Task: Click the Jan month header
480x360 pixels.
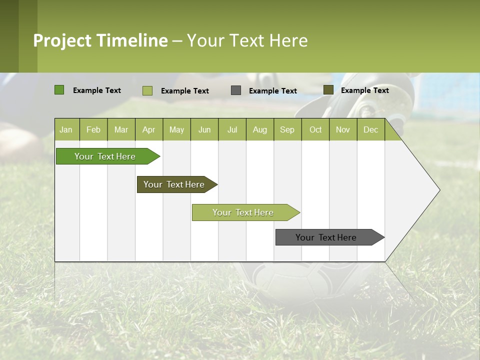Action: [66, 129]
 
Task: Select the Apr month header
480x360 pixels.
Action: [148, 129]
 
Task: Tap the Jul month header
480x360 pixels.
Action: [232, 129]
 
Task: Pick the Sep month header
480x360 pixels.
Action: [287, 129]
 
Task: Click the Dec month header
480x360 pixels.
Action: [370, 129]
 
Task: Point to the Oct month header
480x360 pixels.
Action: [315, 129]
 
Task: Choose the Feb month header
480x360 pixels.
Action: [93, 129]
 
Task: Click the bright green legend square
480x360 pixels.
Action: [59, 90]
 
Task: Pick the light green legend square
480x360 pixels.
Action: [147, 90]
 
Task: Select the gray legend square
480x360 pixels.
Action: [236, 90]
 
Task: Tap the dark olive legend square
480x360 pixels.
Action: [328, 90]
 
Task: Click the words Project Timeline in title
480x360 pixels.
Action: [100, 40]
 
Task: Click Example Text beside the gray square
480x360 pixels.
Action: [272, 91]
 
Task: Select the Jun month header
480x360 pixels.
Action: [204, 129]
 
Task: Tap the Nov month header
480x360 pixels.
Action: [343, 129]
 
